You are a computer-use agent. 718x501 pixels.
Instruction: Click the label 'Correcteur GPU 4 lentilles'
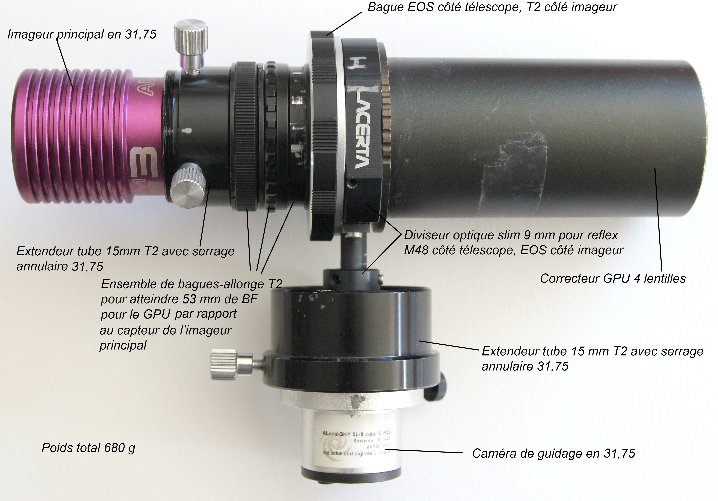(613, 278)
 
